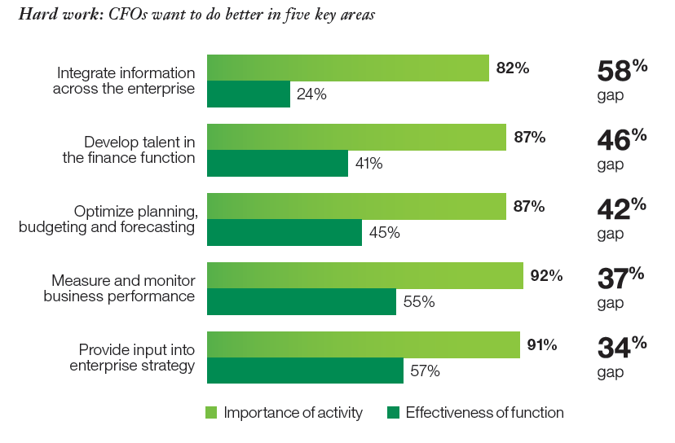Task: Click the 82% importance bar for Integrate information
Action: point(347,68)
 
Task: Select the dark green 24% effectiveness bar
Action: point(249,94)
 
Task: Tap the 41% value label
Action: point(368,164)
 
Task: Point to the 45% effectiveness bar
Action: point(285,232)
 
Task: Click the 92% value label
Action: point(546,276)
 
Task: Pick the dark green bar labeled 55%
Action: point(302,301)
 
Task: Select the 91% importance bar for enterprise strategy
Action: point(364,345)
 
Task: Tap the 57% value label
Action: point(425,371)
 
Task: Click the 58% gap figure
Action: point(622,72)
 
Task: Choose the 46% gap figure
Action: point(622,140)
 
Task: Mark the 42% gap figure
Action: point(622,209)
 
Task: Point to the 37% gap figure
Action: point(622,279)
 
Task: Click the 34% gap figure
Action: point(622,348)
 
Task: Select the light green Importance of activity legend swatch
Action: point(212,413)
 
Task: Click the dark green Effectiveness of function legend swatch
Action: point(394,413)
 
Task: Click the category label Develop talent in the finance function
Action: point(129,150)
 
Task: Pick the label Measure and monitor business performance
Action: point(119,288)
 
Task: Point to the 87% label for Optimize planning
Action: point(529,207)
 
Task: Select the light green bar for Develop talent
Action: point(356,138)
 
